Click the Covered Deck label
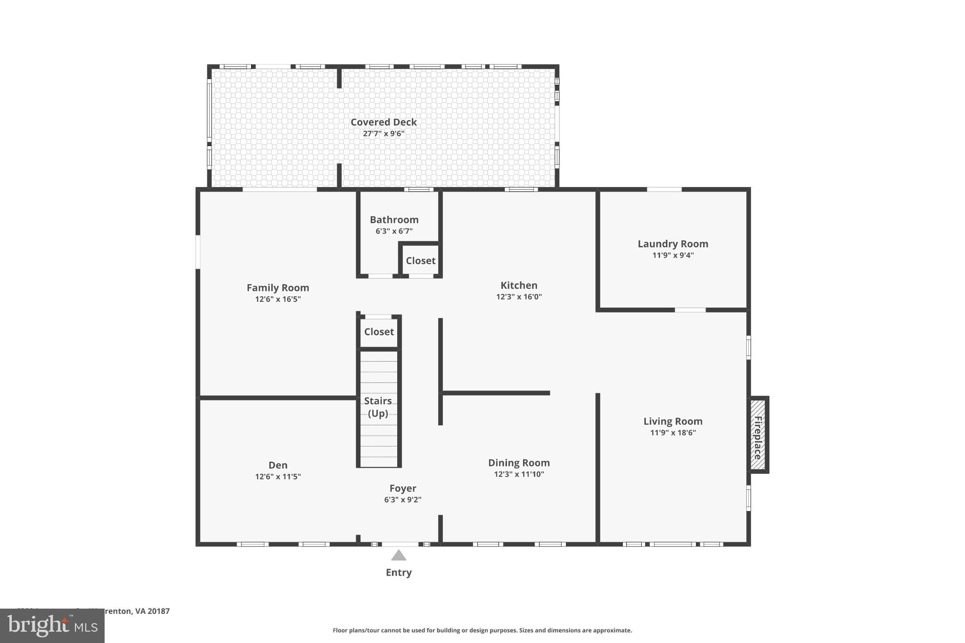click(x=384, y=122)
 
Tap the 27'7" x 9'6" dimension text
click(x=384, y=134)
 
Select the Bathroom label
click(x=394, y=220)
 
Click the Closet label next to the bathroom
click(x=420, y=260)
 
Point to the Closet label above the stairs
click(x=379, y=332)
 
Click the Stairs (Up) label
click(x=378, y=407)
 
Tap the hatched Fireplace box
click(x=758, y=435)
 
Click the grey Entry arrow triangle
click(x=399, y=555)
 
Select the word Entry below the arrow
click(x=399, y=572)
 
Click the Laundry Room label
click(x=673, y=244)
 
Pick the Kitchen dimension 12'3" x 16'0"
click(x=519, y=297)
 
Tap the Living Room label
click(x=673, y=421)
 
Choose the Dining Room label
click(x=519, y=463)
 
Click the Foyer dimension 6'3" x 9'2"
click(x=402, y=500)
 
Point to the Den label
click(x=278, y=465)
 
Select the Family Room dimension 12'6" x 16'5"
click(x=278, y=299)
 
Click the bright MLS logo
click(x=52, y=626)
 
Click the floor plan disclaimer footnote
click(x=482, y=630)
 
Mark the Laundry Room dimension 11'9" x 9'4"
click(x=673, y=255)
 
